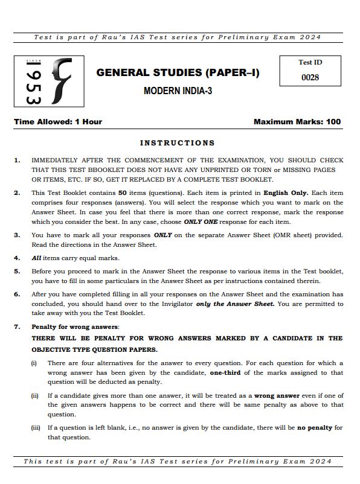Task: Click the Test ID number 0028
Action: pos(309,77)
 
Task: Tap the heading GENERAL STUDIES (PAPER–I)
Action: pos(178,73)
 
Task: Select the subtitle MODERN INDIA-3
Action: pos(178,92)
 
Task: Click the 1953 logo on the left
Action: pos(49,81)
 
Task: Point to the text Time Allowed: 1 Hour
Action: pos(58,122)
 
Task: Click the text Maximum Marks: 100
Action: pos(297,122)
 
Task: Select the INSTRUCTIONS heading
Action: pos(177,143)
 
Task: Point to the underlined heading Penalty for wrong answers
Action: pos(76,327)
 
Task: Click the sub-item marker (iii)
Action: pos(36,428)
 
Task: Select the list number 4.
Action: pos(17,258)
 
